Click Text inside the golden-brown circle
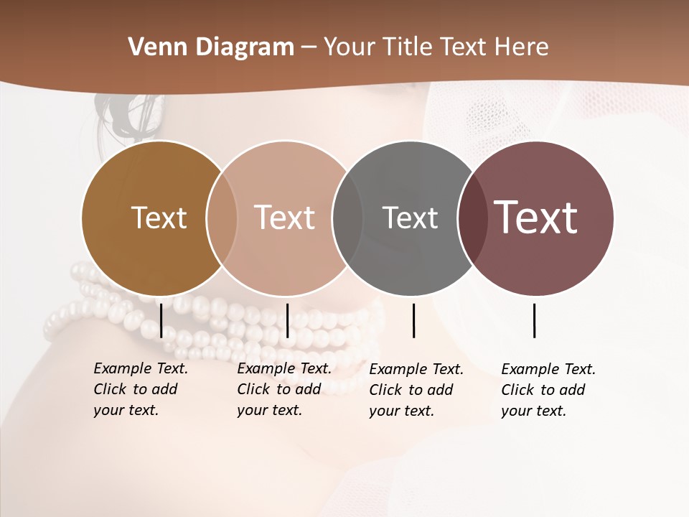pos(159,218)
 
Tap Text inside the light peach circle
pos(284,218)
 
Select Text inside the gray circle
pos(410,218)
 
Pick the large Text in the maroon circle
pos(535,217)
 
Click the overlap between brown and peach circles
pos(222,218)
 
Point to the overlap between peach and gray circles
pos(347,218)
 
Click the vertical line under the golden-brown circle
pos(161,320)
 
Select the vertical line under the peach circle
pos(287,320)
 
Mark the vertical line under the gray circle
pos(413,320)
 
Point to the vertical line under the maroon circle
pos(534,320)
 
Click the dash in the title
pos(309,48)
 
